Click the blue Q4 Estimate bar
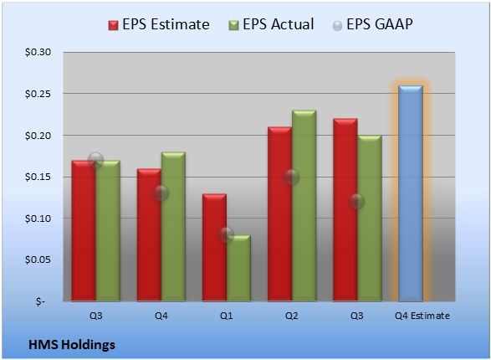click(411, 193)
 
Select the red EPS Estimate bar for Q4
click(149, 235)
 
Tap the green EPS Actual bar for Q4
click(173, 227)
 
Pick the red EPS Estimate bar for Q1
click(214, 248)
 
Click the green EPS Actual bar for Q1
click(238, 268)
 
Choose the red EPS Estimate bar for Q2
click(279, 214)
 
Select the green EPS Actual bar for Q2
click(304, 206)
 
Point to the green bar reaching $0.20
click(370, 219)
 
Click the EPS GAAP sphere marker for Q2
click(292, 177)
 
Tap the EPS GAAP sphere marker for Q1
click(227, 234)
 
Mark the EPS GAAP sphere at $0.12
click(357, 201)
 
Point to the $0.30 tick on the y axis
click(38, 52)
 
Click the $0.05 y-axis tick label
click(38, 260)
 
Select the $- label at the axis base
click(40, 301)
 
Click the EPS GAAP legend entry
click(372, 24)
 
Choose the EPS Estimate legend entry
click(159, 24)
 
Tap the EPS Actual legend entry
click(271, 24)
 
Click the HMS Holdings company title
click(72, 345)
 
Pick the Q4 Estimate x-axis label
click(422, 316)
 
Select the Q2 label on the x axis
click(292, 316)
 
